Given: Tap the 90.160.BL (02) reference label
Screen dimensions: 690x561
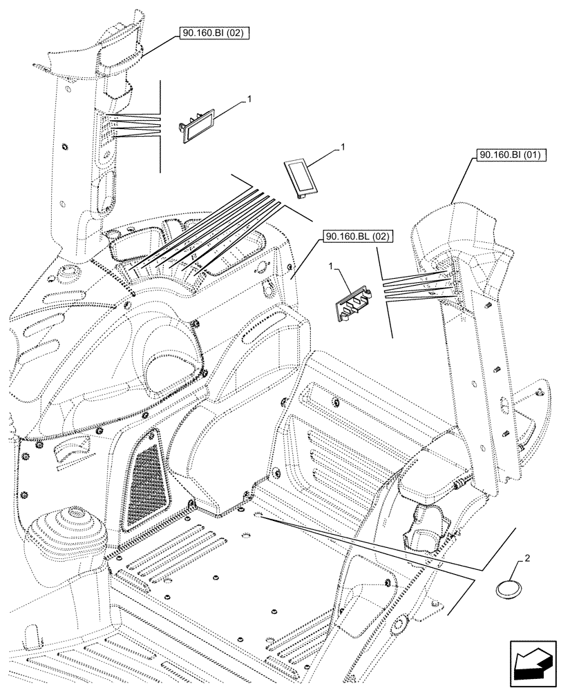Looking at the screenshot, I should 356,237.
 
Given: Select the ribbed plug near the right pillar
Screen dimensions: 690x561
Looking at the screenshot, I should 355,304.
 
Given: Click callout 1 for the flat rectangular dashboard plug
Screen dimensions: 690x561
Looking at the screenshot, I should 341,146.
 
